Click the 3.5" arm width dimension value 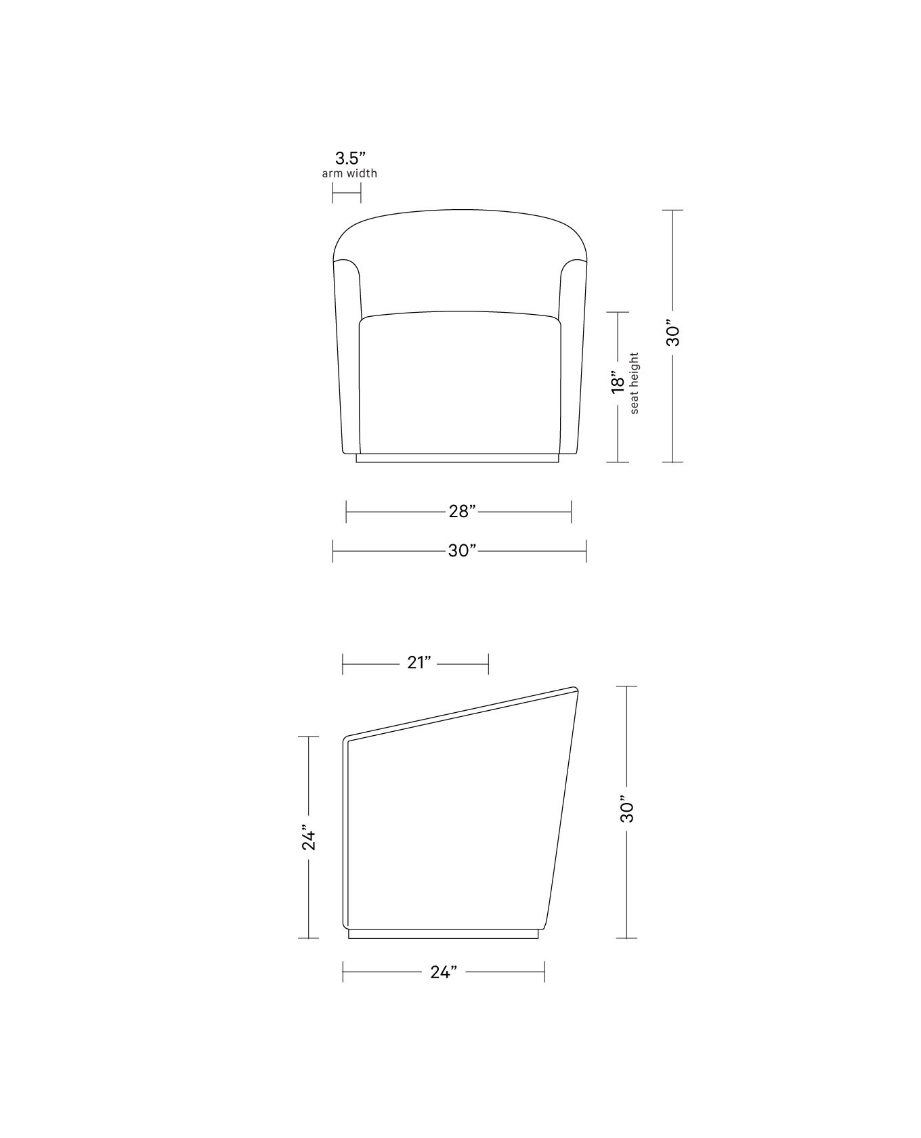[x=350, y=159]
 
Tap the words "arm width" [x=349, y=173]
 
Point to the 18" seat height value [x=618, y=382]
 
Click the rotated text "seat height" [x=635, y=383]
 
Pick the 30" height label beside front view [x=673, y=332]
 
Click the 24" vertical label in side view [x=309, y=837]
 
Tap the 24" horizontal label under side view [x=444, y=972]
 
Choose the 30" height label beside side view [x=626, y=809]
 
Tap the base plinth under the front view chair [x=458, y=458]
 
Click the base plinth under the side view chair [x=443, y=934]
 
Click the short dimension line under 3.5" [x=346, y=192]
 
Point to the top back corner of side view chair [x=575, y=691]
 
